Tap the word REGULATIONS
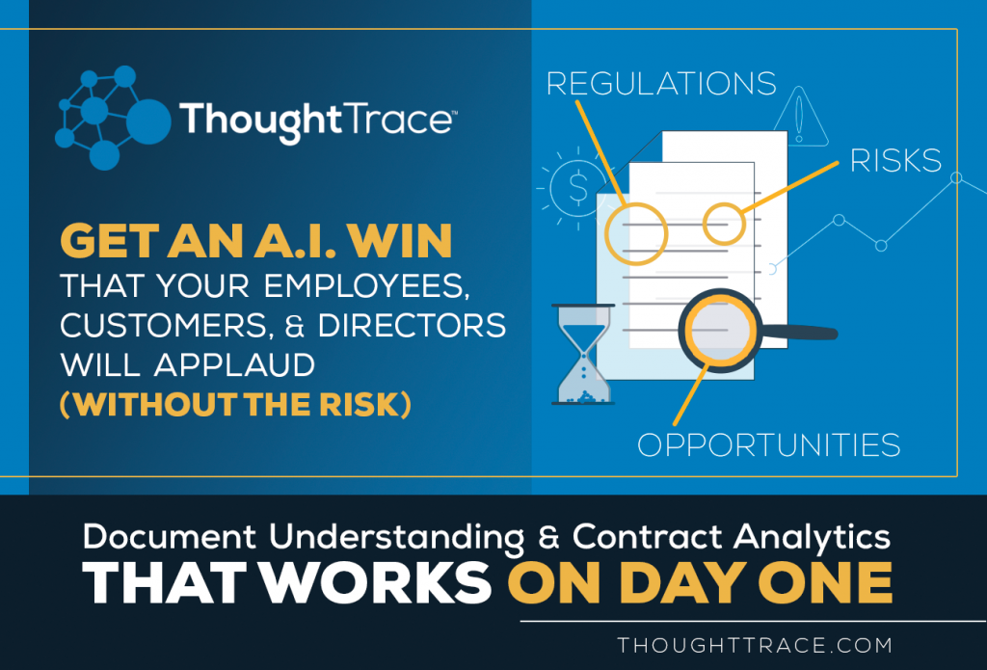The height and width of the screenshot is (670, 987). pos(661,84)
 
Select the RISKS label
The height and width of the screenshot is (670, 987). pos(895,161)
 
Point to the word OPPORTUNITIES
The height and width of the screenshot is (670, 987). pos(768,444)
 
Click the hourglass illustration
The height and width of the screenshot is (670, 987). pos(583,354)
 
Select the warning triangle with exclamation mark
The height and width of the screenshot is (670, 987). pos(800,117)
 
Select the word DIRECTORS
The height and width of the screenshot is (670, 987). pos(412,326)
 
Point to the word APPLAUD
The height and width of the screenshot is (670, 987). pos(234,364)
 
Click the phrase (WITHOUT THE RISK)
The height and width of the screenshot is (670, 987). pos(235,404)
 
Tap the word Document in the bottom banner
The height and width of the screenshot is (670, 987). pos(170,537)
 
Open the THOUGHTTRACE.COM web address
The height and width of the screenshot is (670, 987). pos(755,645)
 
